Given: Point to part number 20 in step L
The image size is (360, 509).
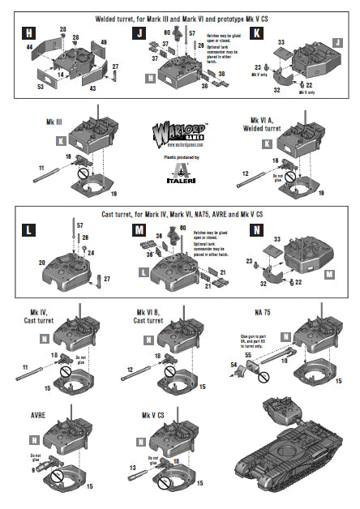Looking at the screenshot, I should pyautogui.click(x=40, y=263).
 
